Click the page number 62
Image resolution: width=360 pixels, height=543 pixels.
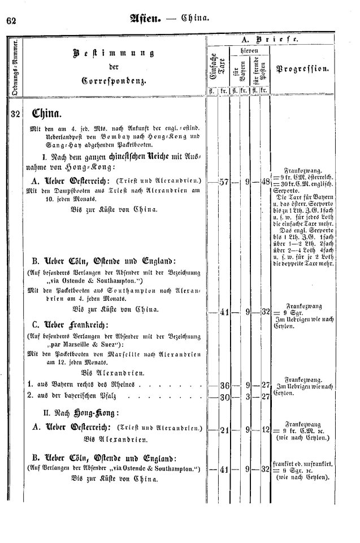click(x=11, y=21)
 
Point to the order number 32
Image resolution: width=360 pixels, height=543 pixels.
click(x=15, y=113)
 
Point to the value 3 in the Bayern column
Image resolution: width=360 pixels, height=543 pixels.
click(x=248, y=396)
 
